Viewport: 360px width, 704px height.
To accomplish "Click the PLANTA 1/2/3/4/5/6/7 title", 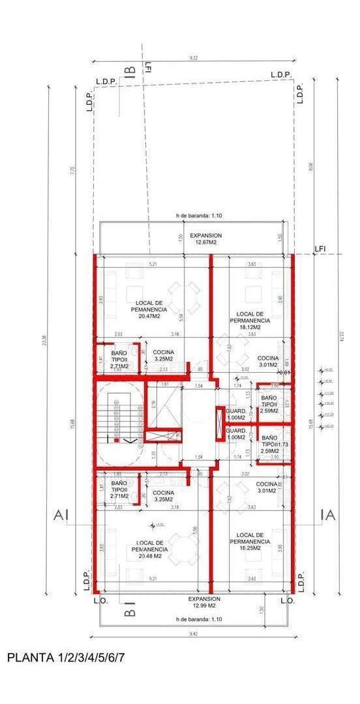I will pyautogui.click(x=65, y=658).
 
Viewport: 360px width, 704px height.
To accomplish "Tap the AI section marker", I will pyautogui.click(x=61, y=516).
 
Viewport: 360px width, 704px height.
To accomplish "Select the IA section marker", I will pyautogui.click(x=328, y=516).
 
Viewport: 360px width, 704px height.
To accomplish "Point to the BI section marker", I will pyautogui.click(x=130, y=612).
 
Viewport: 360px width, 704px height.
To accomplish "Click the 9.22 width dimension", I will pyautogui.click(x=194, y=59).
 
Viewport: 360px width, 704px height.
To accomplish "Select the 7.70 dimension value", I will pyautogui.click(x=73, y=170).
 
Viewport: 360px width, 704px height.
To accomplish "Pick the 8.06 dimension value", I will pyautogui.click(x=310, y=167).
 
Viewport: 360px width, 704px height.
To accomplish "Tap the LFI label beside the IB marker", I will pyautogui.click(x=149, y=67).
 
